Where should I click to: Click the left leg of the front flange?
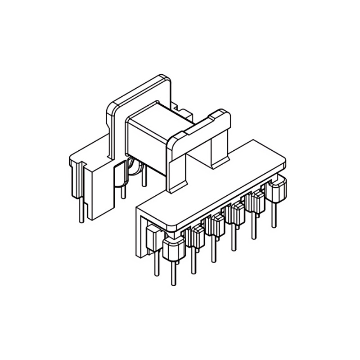176,166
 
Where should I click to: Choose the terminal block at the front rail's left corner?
172,250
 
